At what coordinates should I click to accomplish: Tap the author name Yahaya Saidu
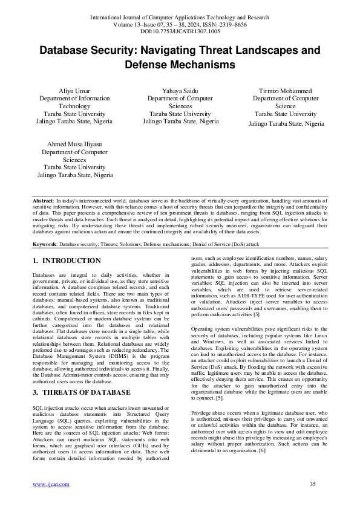(x=180, y=89)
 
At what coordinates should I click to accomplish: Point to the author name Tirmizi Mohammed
(x=286, y=89)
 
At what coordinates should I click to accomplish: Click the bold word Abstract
(x=42, y=199)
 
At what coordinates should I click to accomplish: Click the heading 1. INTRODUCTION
(x=67, y=261)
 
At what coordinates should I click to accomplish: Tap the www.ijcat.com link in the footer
(x=51, y=484)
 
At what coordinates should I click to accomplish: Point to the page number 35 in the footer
(x=313, y=484)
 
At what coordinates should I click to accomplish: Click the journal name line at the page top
(x=180, y=18)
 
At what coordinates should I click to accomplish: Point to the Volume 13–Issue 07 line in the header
(x=180, y=24)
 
